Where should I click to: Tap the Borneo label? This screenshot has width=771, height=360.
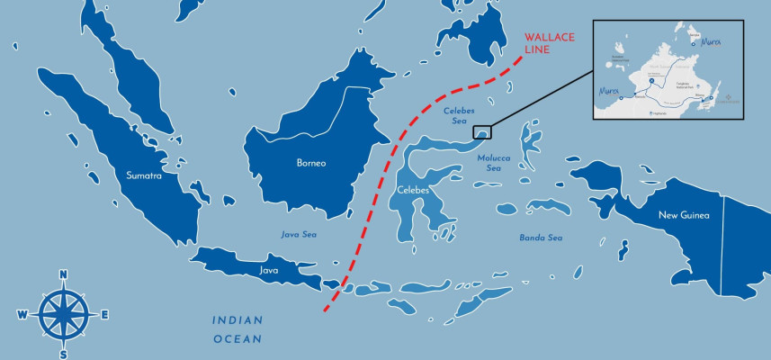pyautogui.click(x=311, y=163)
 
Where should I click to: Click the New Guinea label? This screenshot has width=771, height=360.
pyautogui.click(x=684, y=215)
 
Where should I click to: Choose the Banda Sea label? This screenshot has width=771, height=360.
pyautogui.click(x=541, y=238)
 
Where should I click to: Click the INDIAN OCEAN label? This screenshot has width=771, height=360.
pyautogui.click(x=238, y=329)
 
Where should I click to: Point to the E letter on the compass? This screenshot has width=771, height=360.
pyautogui.click(x=104, y=315)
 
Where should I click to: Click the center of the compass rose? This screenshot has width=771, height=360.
pyautogui.click(x=63, y=314)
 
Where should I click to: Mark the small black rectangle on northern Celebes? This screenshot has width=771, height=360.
pyautogui.click(x=482, y=132)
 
